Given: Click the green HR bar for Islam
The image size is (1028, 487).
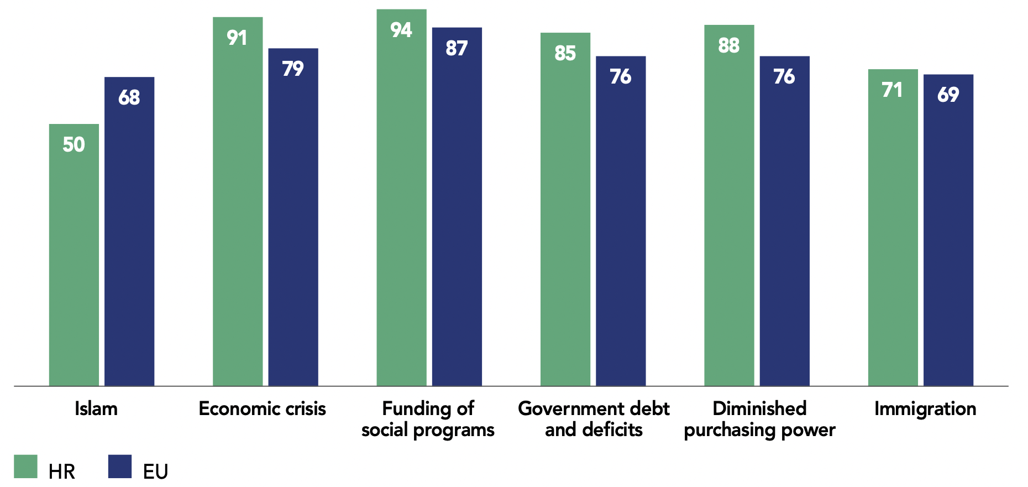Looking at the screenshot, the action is pos(74,255).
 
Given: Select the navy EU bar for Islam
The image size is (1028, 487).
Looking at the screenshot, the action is pos(129,231).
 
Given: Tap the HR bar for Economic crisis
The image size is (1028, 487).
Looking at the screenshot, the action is pos(238,201).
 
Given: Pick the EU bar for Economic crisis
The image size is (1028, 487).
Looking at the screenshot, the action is pos(293,217).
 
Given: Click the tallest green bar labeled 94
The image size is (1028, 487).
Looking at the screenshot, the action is pos(401,198).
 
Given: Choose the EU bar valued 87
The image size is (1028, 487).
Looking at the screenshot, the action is pos(457,206).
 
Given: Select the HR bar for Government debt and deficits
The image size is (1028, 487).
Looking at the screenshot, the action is pos(565,209).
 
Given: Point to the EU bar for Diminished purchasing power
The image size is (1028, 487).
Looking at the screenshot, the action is pos(784,221).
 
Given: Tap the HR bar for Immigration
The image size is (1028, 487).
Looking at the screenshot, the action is pos(893,227).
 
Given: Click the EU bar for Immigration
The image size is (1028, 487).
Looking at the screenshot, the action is pos(948,230).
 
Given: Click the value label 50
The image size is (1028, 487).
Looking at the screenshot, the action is pos(74,144).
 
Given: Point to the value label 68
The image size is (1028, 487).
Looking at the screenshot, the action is pos(129,97).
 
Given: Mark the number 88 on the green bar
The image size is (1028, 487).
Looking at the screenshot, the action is pos(729,45).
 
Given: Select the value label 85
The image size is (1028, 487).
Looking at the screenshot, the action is pos(565,53).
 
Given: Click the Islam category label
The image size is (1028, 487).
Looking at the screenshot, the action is pos(96,408).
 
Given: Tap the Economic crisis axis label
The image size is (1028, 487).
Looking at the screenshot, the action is pos(262,408).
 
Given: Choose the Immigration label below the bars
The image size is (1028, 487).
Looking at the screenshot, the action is pos(925,409).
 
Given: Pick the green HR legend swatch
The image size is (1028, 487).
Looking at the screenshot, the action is pos(25,467).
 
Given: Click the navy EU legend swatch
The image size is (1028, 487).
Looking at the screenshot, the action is pos(120,467).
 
